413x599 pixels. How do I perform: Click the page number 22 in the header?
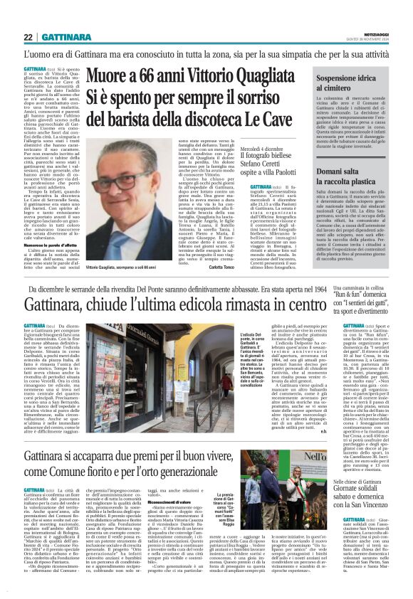click(29, 37)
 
